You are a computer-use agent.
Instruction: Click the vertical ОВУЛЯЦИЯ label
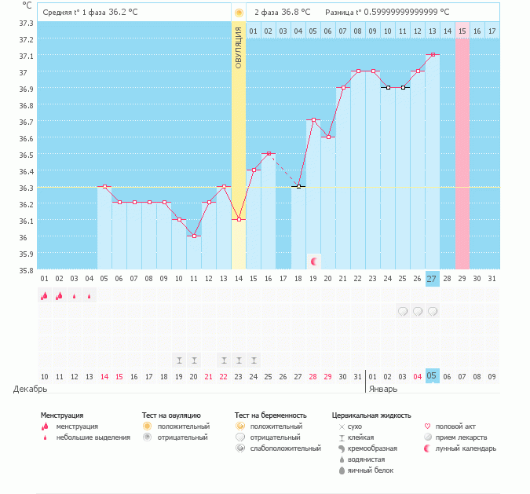tap(238, 48)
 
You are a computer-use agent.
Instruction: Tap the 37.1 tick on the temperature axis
tap(26, 56)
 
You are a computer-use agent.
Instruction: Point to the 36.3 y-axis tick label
tap(26, 188)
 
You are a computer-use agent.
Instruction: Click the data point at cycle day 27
tap(433, 54)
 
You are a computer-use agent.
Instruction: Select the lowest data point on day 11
tap(194, 236)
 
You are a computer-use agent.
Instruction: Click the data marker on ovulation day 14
tap(239, 219)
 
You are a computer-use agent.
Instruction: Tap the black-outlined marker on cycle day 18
tap(298, 186)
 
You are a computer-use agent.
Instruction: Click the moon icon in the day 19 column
tap(314, 262)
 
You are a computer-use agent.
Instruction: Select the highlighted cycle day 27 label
tap(433, 279)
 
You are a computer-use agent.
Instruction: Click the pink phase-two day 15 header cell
tap(462, 31)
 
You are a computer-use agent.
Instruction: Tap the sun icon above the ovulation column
tap(239, 13)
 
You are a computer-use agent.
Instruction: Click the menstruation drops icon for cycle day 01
tap(44, 295)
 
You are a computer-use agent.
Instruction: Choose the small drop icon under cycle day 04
tap(90, 296)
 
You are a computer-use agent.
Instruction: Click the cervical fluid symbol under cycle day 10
tap(179, 360)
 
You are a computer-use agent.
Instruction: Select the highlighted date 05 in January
tap(432, 376)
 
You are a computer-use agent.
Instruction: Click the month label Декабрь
tap(30, 389)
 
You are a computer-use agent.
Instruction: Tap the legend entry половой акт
tap(455, 426)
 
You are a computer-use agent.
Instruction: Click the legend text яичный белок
tap(371, 470)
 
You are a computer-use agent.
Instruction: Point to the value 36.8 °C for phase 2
tap(296, 12)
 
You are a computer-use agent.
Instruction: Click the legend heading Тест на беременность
tap(271, 415)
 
